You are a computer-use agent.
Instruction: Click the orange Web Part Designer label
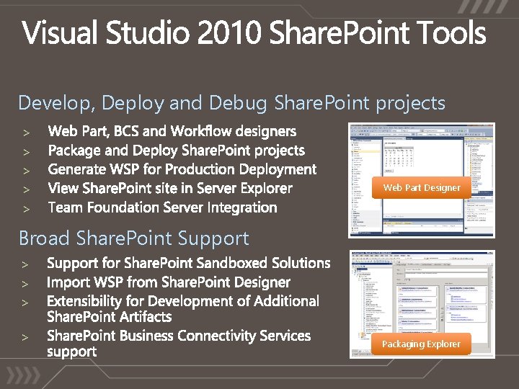(x=422, y=187)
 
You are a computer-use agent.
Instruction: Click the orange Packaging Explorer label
(x=421, y=344)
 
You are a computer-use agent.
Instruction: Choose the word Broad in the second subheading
(x=45, y=238)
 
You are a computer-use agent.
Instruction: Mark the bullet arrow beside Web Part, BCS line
(x=24, y=133)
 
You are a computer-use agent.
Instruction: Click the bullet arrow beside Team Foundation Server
(x=24, y=208)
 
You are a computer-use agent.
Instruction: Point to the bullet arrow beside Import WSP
(x=24, y=283)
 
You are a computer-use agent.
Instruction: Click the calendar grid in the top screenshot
(x=403, y=156)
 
